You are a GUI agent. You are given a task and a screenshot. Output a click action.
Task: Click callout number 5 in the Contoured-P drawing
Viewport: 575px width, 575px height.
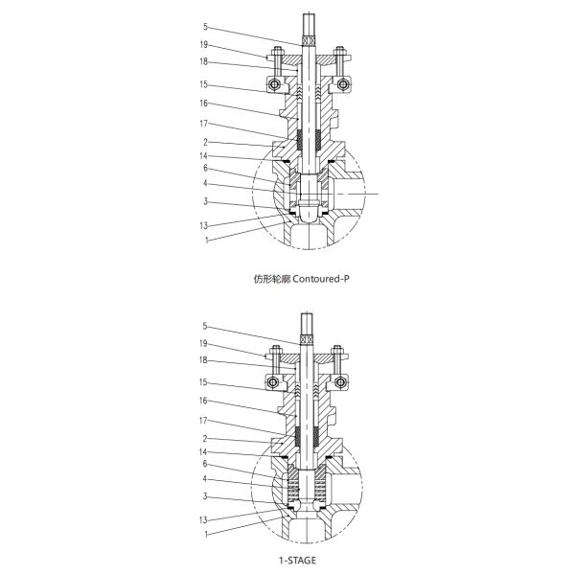[205, 27]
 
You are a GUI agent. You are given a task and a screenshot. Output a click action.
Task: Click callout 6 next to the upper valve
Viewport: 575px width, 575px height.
[205, 168]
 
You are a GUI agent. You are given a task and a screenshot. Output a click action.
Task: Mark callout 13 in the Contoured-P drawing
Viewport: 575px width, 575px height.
[205, 225]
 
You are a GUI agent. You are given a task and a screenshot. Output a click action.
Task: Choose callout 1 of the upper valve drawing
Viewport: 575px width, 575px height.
[205, 239]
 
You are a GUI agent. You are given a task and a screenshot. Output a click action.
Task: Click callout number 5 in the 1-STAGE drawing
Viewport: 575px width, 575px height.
[205, 326]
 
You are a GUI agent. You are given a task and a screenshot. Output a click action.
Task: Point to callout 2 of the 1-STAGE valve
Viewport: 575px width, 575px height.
[205, 438]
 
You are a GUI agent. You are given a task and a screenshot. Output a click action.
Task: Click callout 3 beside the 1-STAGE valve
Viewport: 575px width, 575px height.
[205, 496]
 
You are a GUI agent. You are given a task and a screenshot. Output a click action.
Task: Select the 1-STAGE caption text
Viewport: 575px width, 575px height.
[287, 555]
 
